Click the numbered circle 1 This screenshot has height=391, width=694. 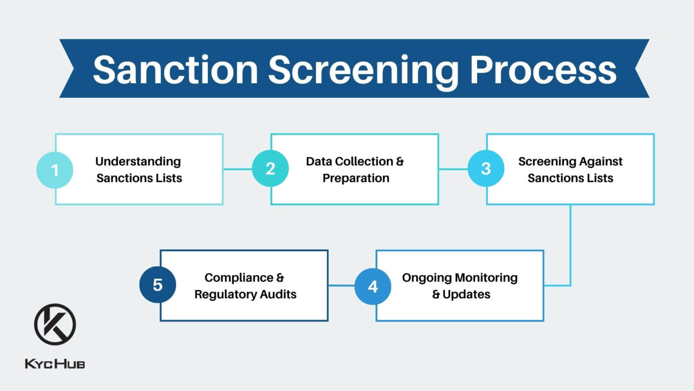[x=55, y=170]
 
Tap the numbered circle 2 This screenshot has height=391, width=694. [x=270, y=168]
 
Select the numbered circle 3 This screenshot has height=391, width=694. [x=486, y=168]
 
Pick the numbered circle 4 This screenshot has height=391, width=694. [x=373, y=286]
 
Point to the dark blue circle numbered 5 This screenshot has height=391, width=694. [x=157, y=285]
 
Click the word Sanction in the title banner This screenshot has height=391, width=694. [x=175, y=70]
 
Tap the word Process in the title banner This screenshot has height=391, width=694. [x=543, y=70]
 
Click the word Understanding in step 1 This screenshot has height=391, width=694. [x=138, y=162]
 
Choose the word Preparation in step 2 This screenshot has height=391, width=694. [x=356, y=178]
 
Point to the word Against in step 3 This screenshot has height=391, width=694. [x=600, y=162]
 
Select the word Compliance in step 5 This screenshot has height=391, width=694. [x=239, y=277]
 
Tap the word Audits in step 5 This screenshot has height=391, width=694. [x=278, y=294]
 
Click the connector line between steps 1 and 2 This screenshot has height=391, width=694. [x=237, y=169]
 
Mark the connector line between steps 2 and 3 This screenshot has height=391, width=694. [x=453, y=169]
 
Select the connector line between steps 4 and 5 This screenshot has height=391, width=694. [x=341, y=286]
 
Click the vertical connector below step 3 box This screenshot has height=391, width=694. [x=570, y=244]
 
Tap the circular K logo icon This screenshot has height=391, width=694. [x=55, y=324]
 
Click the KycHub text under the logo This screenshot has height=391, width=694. [x=55, y=364]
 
